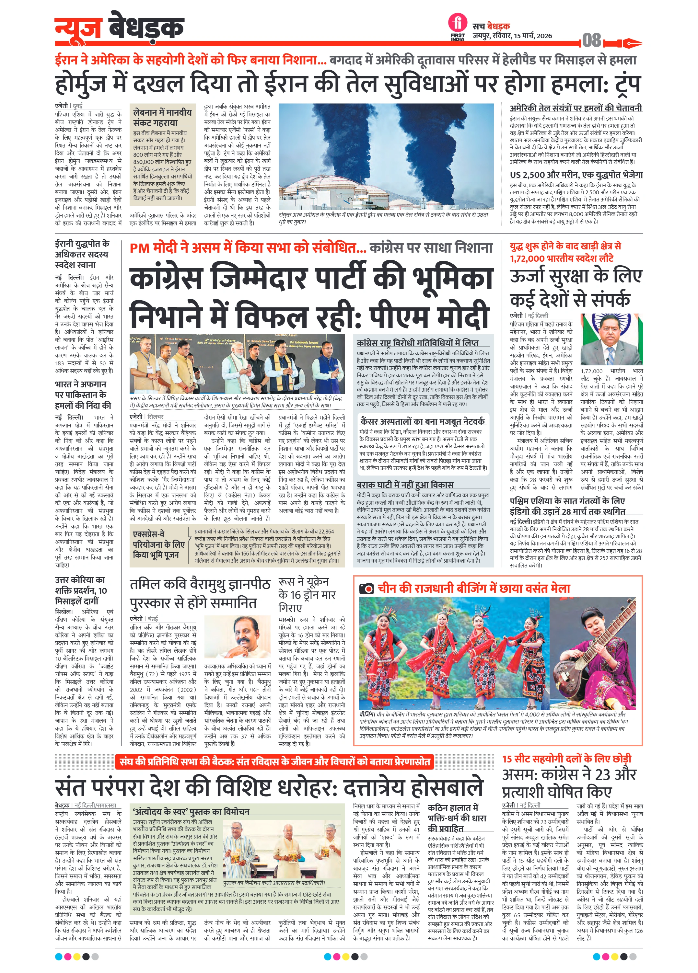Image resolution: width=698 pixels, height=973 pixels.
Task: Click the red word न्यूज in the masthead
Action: click(78, 28)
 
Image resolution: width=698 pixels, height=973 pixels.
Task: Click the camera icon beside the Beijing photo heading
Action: click(366, 589)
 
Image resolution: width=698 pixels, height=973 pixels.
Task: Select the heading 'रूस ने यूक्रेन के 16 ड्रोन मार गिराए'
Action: click(307, 595)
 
